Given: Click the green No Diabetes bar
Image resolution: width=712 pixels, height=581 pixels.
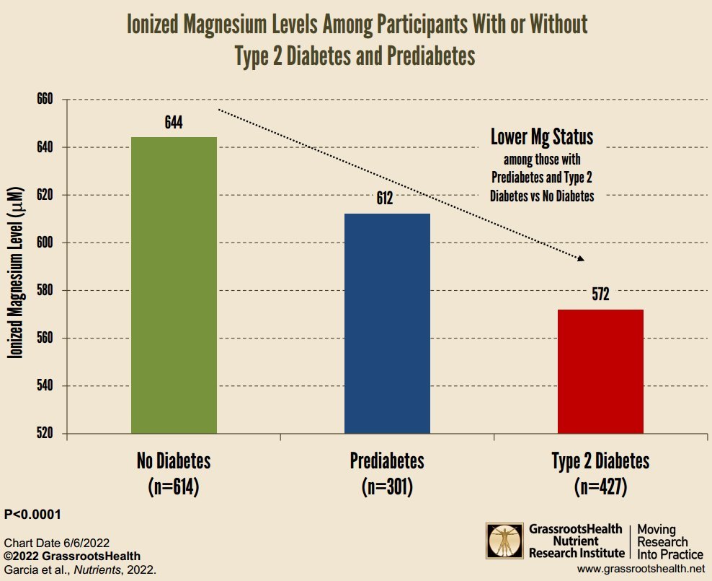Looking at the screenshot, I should pyautogui.click(x=174, y=285).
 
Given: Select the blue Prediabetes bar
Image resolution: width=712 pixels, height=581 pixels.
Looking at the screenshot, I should pyautogui.click(x=387, y=323).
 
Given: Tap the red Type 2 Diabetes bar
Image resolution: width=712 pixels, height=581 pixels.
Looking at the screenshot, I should pyautogui.click(x=600, y=371).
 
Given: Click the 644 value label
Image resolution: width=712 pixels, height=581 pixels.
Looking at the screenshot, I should pyautogui.click(x=173, y=122).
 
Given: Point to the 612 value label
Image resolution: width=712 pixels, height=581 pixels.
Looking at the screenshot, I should pyautogui.click(x=384, y=198).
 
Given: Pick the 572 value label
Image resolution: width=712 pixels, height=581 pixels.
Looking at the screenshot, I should pyautogui.click(x=600, y=294).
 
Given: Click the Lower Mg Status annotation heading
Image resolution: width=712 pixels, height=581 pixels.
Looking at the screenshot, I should pyautogui.click(x=542, y=137).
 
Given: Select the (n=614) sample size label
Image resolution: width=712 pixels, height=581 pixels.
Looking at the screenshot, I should pyautogui.click(x=173, y=486).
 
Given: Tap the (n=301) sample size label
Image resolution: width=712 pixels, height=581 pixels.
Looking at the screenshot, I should pyautogui.click(x=387, y=486).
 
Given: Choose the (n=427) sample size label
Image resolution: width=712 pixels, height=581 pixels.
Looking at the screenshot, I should pyautogui.click(x=600, y=486).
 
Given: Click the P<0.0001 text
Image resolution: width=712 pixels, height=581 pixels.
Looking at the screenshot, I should pyautogui.click(x=32, y=515).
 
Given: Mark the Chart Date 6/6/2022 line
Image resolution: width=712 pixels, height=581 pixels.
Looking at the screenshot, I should pyautogui.click(x=57, y=542).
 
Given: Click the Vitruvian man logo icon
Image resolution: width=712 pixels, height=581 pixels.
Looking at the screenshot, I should pyautogui.click(x=506, y=542).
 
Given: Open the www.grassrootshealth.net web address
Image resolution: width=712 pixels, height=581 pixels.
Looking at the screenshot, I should pyautogui.click(x=640, y=569).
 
